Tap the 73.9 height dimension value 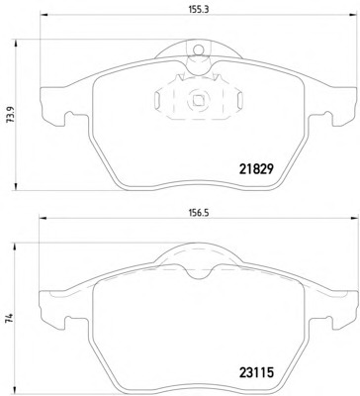(10, 115)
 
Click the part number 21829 (255, 169)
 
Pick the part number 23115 (256, 372)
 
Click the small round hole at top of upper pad (199, 49)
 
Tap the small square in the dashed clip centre (198, 100)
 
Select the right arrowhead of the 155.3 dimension (354, 15)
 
